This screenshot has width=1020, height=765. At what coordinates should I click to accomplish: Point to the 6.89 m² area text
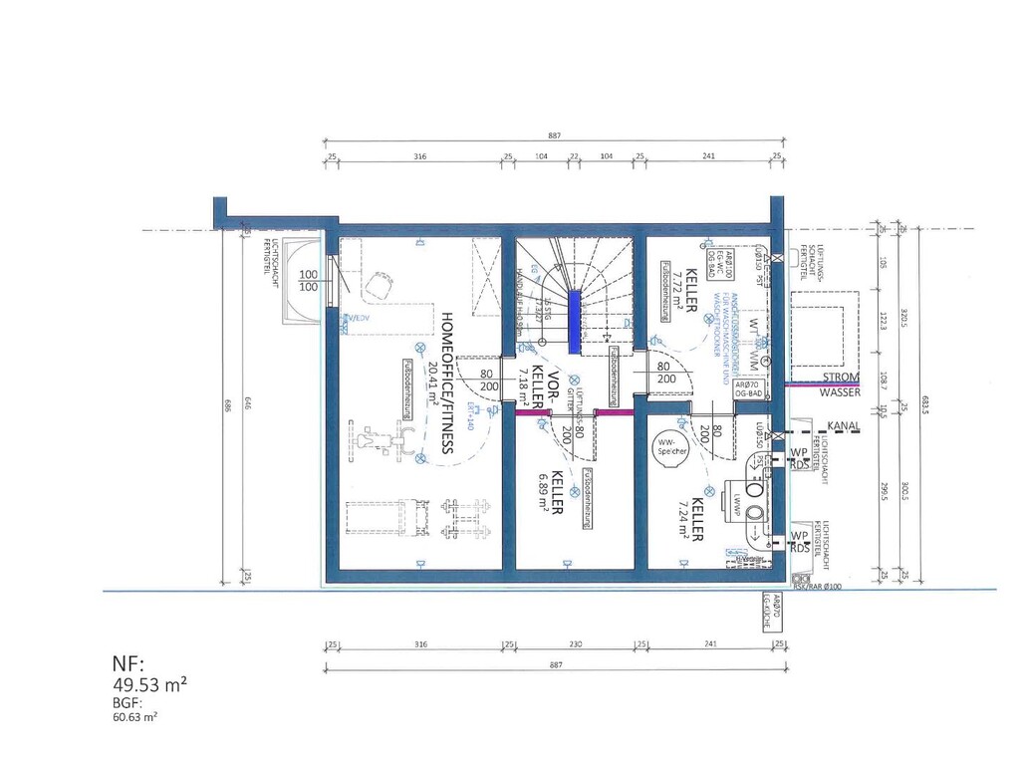coord(544,491)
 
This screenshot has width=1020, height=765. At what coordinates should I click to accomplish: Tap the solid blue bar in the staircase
coord(574,320)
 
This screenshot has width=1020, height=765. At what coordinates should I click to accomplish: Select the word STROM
coord(841,377)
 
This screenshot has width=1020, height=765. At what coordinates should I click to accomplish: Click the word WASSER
coord(841,392)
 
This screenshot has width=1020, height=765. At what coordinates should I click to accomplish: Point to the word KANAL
coord(843,426)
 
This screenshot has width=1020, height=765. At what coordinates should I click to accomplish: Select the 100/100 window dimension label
coord(309,280)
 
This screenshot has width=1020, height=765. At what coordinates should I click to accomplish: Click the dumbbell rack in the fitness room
coord(460,519)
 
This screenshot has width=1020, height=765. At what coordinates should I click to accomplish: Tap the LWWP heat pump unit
coord(758,499)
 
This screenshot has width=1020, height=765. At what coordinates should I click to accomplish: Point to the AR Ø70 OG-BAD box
coord(749,389)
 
